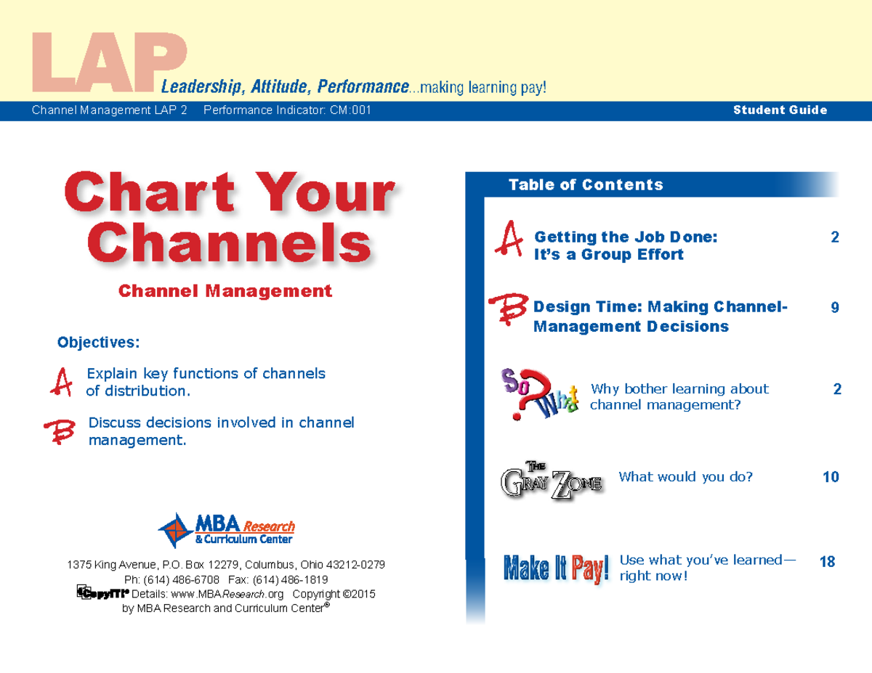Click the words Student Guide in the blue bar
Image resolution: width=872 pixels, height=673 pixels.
click(780, 110)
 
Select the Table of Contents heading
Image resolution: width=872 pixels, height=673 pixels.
click(586, 185)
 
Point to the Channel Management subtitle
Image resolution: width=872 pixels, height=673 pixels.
click(225, 291)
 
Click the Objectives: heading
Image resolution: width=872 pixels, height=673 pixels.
click(98, 341)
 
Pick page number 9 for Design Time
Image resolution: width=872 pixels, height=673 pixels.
click(835, 308)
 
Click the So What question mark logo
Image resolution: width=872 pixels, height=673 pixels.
click(538, 394)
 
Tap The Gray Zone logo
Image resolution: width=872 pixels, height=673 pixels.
click(552, 480)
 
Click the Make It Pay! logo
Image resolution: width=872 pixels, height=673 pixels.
click(556, 568)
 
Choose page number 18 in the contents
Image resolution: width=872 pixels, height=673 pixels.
click(827, 562)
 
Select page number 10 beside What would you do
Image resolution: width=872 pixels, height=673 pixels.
click(830, 477)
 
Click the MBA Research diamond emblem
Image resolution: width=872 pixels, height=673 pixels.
click(175, 529)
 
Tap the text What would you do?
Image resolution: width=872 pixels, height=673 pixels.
click(685, 477)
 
